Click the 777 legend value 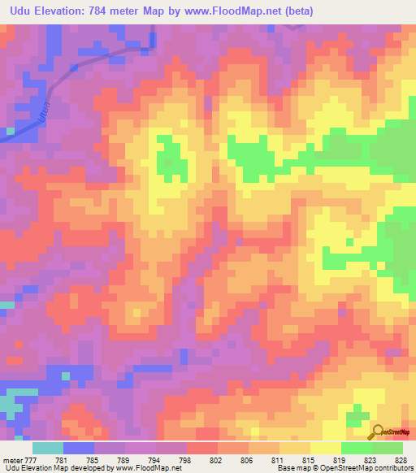point(32,460)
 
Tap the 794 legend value point(155,460)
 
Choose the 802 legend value point(217,460)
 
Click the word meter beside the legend point(11,460)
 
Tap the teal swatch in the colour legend point(48,448)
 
